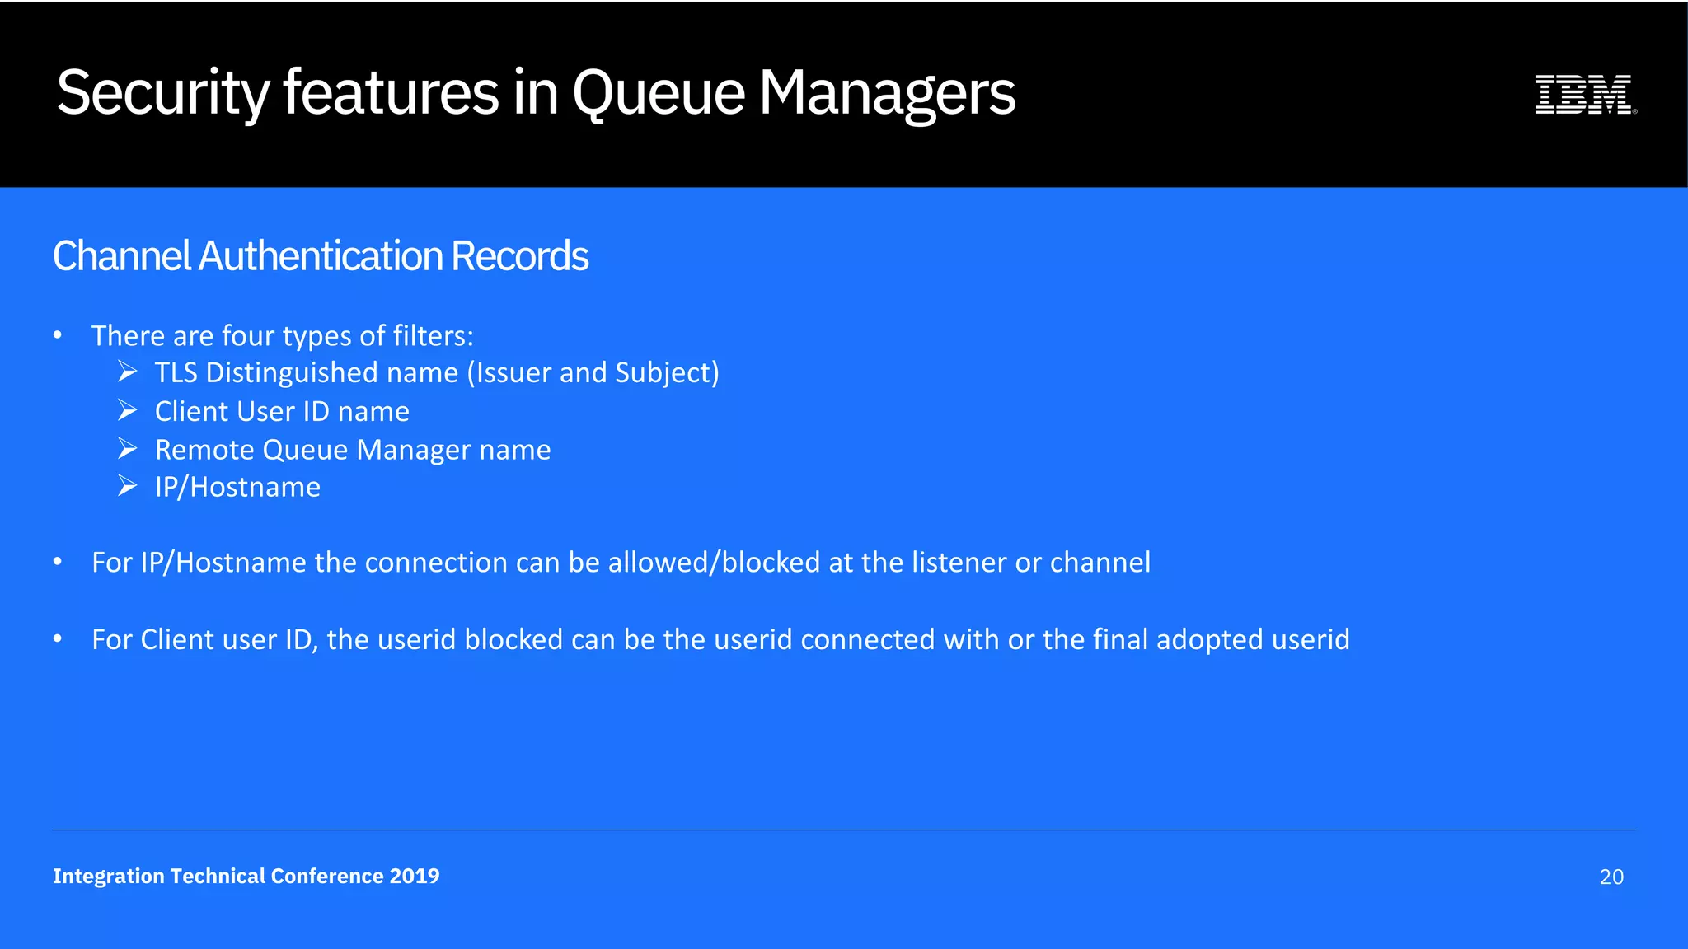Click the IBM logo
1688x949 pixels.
(x=1584, y=94)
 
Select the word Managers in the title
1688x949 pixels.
(x=887, y=92)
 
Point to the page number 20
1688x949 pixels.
(x=1611, y=877)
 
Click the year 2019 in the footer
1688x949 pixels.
(x=415, y=876)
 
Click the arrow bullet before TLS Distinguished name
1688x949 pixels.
(x=127, y=372)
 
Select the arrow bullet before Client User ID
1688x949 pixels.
(x=127, y=410)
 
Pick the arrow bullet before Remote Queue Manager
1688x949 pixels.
(x=127, y=449)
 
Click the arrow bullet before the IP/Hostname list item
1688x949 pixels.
(x=127, y=487)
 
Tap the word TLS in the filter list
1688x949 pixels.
(x=176, y=373)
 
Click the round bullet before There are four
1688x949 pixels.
(x=58, y=335)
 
